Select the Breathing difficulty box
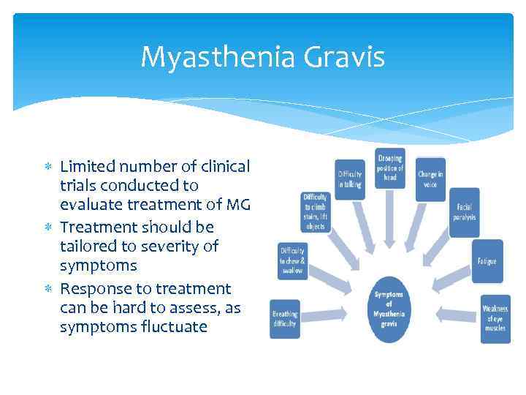click(x=285, y=319)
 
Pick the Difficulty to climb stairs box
click(x=316, y=211)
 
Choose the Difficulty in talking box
click(x=350, y=179)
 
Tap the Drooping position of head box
click(x=389, y=169)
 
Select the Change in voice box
click(x=430, y=179)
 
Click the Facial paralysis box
click(x=464, y=212)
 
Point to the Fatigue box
click(x=487, y=261)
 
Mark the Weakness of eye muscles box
click(x=495, y=319)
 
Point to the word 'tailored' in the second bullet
click(x=88, y=247)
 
